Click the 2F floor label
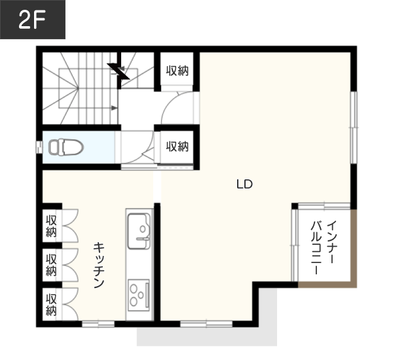pos(32,20)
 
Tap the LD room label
pos(244,185)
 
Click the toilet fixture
pos(66,147)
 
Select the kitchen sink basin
pos(139,231)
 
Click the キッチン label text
pos(99,265)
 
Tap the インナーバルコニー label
pos(324,247)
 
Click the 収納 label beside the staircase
pos(178,71)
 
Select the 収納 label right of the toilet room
pos(178,147)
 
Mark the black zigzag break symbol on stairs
pos(119,71)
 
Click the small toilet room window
pos(39,147)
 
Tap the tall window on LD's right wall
pos(354,128)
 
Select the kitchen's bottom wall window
pos(98,324)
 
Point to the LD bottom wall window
pos(206,324)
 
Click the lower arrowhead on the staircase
pos(114,108)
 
